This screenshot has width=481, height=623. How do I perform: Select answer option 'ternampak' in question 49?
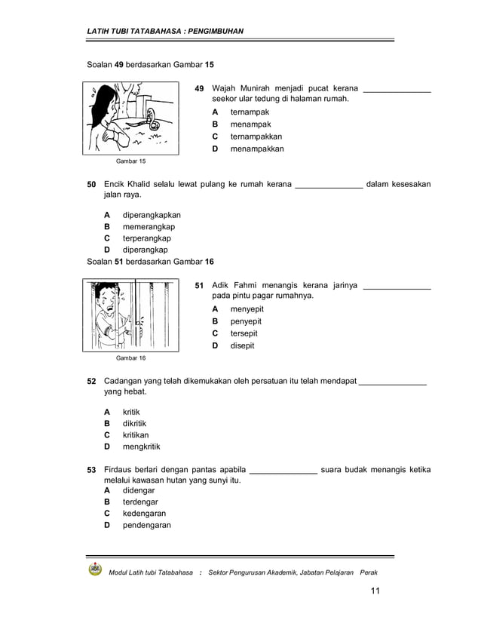tap(250, 112)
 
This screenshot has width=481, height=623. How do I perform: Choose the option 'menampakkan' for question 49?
tap(257, 149)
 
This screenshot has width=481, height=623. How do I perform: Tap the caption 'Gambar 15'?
tap(130, 161)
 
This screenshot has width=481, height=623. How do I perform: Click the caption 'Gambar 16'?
tap(130, 358)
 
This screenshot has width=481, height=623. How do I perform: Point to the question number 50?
tap(91, 184)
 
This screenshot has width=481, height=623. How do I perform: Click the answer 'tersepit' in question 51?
tap(244, 333)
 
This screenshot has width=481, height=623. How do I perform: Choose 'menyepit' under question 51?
tap(247, 309)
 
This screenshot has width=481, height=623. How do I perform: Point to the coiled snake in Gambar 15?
tap(154, 118)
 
